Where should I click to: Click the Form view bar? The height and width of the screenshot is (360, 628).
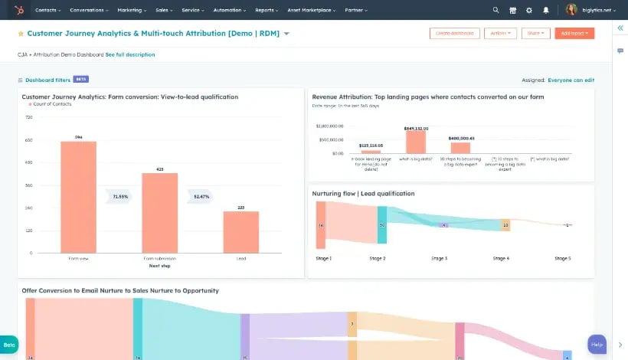point(78,197)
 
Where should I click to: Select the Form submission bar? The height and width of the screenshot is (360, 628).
point(159,212)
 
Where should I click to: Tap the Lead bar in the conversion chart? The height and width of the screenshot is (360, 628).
point(240,231)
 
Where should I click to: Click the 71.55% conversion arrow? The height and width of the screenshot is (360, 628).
point(119,197)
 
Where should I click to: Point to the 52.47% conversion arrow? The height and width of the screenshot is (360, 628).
point(201,197)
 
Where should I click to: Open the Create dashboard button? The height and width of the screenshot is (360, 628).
point(454,34)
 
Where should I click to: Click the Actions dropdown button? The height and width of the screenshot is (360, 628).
point(500,34)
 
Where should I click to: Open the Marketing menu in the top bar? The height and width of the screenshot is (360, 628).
point(132,10)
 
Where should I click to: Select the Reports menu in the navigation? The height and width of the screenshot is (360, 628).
point(267,10)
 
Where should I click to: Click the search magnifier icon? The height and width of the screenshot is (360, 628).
point(495,10)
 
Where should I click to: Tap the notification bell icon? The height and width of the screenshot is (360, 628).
point(545,10)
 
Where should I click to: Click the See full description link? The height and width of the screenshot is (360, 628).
point(129,55)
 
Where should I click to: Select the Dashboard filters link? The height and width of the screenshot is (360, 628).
point(47,80)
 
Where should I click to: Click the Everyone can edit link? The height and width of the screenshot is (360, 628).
point(571,80)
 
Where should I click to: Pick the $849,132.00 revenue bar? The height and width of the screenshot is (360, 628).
point(415,142)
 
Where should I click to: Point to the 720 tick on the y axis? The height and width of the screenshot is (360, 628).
point(29,117)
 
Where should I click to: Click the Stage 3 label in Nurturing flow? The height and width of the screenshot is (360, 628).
point(440,258)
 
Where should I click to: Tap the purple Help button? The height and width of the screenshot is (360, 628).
point(597,344)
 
